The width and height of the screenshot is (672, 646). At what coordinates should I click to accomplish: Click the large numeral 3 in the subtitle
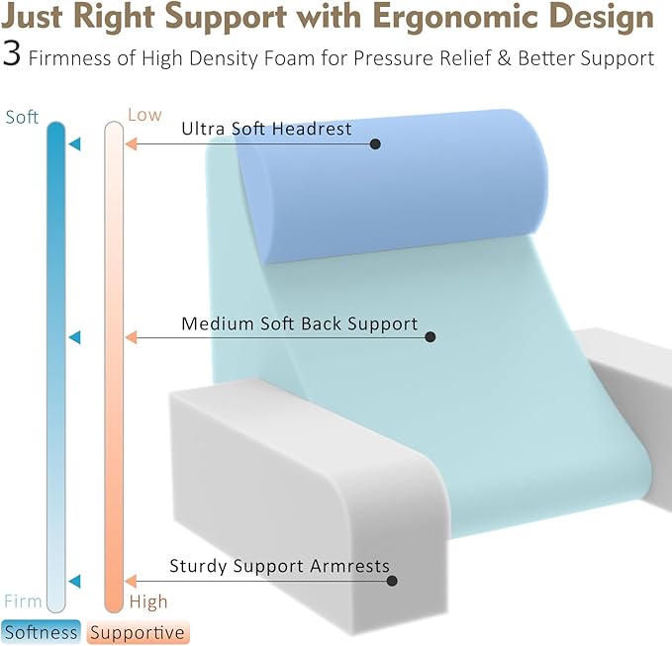pyautogui.click(x=12, y=55)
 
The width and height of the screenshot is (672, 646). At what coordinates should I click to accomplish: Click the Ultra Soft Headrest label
pyautogui.click(x=266, y=129)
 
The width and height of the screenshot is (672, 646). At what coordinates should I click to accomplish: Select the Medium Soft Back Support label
pyautogui.click(x=299, y=323)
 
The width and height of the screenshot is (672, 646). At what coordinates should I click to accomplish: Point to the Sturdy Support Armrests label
pyautogui.click(x=279, y=566)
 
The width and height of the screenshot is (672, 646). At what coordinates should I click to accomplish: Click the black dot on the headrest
pyautogui.click(x=375, y=144)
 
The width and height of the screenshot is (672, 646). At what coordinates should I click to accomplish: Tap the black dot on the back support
pyautogui.click(x=430, y=337)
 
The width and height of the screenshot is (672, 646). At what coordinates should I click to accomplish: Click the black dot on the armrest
pyautogui.click(x=392, y=581)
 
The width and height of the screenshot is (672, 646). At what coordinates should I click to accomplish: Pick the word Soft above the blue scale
pyautogui.click(x=22, y=118)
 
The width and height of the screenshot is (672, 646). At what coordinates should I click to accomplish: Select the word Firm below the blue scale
pyautogui.click(x=23, y=600)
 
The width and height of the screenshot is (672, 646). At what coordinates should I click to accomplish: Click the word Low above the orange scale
pyautogui.click(x=144, y=115)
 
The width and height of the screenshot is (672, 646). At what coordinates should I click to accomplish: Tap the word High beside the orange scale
pyautogui.click(x=148, y=600)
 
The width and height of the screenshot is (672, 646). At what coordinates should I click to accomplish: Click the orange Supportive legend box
pyautogui.click(x=137, y=632)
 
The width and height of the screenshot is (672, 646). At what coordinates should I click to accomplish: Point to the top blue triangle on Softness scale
pyautogui.click(x=74, y=145)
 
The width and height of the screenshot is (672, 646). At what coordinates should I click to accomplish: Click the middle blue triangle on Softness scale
pyautogui.click(x=74, y=337)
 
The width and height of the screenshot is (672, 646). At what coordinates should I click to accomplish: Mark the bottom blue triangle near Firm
pyautogui.click(x=74, y=581)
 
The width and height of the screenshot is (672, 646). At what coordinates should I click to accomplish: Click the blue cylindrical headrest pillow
pyautogui.click(x=396, y=188)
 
